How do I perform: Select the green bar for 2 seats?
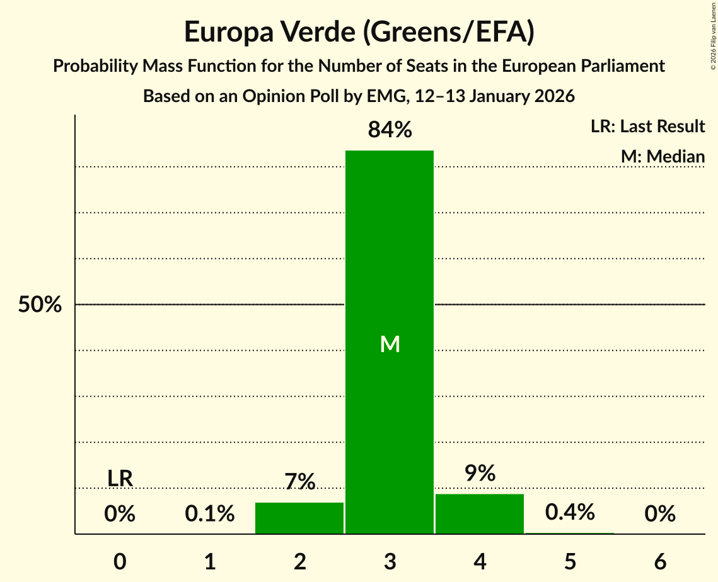[299, 518]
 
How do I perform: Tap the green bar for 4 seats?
[480, 514]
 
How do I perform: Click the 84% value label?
[390, 130]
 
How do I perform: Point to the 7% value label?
[299, 482]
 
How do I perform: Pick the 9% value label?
[480, 473]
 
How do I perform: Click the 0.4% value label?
[570, 512]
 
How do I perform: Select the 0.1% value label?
[210, 514]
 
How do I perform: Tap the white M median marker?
[390, 344]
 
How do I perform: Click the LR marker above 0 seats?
[120, 479]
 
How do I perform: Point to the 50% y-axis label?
[40, 305]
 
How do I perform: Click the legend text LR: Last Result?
[647, 127]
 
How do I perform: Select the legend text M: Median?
[662, 156]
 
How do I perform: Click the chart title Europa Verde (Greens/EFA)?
[359, 32]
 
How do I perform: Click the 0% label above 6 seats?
[660, 514]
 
